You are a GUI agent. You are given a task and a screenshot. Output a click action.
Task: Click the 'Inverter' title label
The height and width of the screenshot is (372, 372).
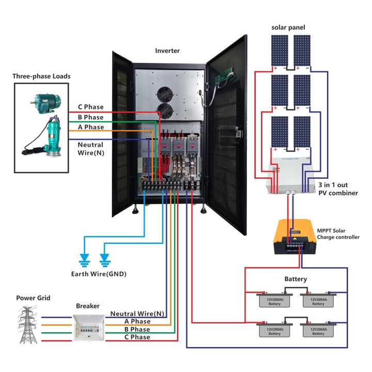167,51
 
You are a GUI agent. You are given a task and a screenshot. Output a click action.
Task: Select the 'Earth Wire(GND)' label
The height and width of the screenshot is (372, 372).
98,273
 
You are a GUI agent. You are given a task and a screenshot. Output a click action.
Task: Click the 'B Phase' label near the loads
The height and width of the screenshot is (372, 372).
90,117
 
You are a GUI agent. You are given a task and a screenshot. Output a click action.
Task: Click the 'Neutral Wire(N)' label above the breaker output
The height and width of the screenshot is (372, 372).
137,314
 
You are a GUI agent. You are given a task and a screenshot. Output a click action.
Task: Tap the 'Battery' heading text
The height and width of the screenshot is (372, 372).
296,279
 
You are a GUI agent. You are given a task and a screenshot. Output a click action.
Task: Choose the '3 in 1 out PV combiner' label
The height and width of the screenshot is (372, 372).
338,188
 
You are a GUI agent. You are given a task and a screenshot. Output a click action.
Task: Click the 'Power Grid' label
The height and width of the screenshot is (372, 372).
33,298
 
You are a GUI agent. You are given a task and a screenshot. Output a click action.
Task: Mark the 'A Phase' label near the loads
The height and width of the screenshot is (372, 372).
90,127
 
